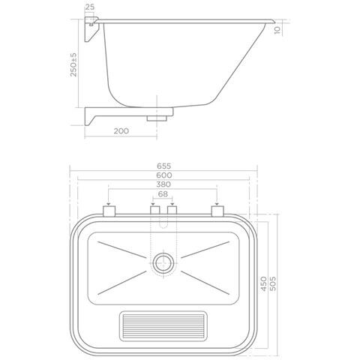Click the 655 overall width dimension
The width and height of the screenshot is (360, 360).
164,166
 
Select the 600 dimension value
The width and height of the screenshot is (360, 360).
164,175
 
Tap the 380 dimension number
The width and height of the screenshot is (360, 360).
164,185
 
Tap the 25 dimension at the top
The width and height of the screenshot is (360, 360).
89,7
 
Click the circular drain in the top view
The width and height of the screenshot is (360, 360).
163,262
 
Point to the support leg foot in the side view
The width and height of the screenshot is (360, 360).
94,118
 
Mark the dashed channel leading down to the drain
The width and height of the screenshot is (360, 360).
163,236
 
